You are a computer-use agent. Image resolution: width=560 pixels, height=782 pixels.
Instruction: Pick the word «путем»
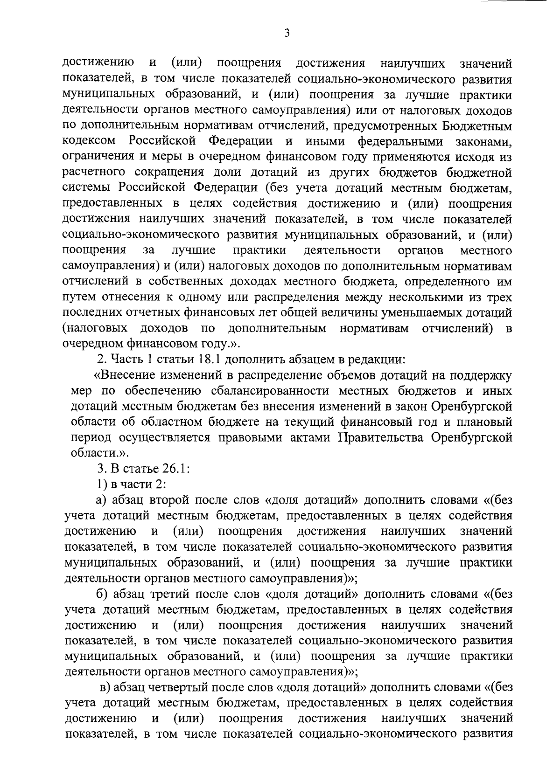tap(79, 297)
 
